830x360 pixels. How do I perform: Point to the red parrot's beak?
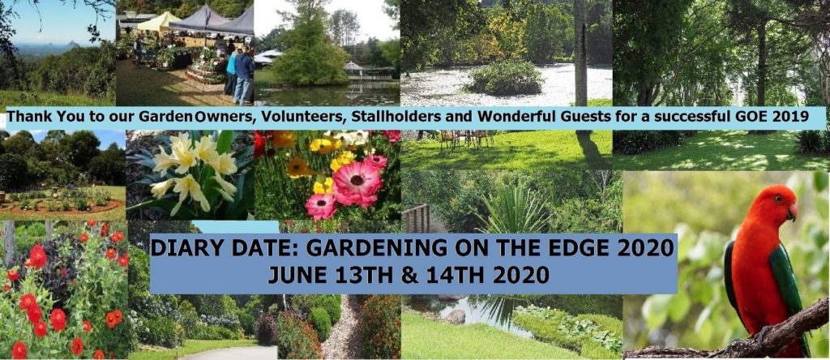point(792,212)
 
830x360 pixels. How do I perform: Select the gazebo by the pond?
point(357,71)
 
